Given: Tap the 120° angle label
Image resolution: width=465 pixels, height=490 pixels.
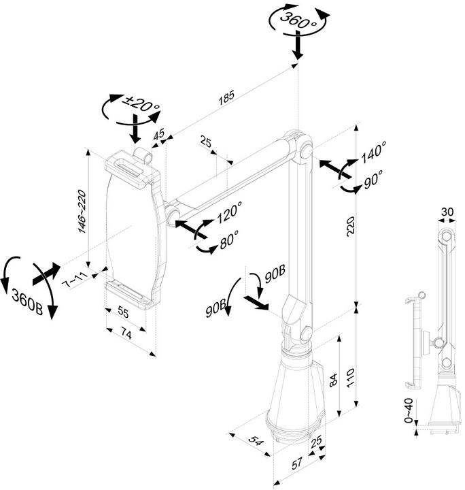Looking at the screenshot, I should coord(229,214).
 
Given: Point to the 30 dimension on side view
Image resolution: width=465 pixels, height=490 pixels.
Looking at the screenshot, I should coord(447,212).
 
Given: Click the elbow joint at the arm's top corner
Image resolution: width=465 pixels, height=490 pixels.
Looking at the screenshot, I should coord(300,146).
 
